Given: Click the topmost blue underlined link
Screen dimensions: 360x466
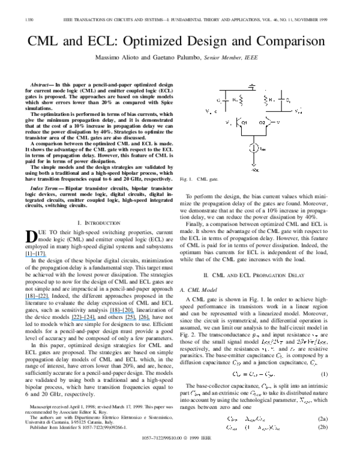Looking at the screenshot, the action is click(x=36, y=256).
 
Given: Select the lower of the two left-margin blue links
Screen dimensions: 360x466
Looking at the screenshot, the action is click(x=37, y=298).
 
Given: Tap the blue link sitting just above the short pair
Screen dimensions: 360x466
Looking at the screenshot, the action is click(x=122, y=313).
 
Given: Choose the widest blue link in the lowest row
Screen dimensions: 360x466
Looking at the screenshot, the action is click(x=83, y=320).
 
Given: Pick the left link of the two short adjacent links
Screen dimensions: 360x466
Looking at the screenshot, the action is click(x=130, y=320).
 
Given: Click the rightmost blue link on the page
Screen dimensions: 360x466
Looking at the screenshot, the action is click(x=144, y=320).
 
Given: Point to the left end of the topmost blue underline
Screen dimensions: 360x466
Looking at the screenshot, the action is click(x=25, y=257).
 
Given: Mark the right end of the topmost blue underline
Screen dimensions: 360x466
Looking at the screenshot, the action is click(x=47, y=257).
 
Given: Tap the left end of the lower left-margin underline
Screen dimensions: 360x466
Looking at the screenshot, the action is click(x=25, y=299).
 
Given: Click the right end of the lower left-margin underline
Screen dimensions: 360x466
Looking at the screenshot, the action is click(x=50, y=299).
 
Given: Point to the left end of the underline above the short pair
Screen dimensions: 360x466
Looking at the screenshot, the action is click(x=109, y=313).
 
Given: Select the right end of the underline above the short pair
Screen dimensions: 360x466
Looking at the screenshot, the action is click(x=134, y=313).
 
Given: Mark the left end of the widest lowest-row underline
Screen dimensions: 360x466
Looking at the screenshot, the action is click(x=71, y=321).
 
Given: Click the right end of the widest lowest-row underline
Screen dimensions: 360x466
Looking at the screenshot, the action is click(x=96, y=321).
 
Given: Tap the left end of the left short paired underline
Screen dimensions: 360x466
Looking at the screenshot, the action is click(x=124, y=321).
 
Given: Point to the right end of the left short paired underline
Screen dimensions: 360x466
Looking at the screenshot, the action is click(x=137, y=321).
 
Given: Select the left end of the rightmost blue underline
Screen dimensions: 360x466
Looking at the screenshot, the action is click(x=138, y=321).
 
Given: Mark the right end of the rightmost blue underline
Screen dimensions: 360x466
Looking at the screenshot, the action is click(x=151, y=321).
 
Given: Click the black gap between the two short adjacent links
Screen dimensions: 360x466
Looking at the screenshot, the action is click(x=137, y=320).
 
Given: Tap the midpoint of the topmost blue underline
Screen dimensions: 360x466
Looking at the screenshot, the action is click(x=36, y=257).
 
